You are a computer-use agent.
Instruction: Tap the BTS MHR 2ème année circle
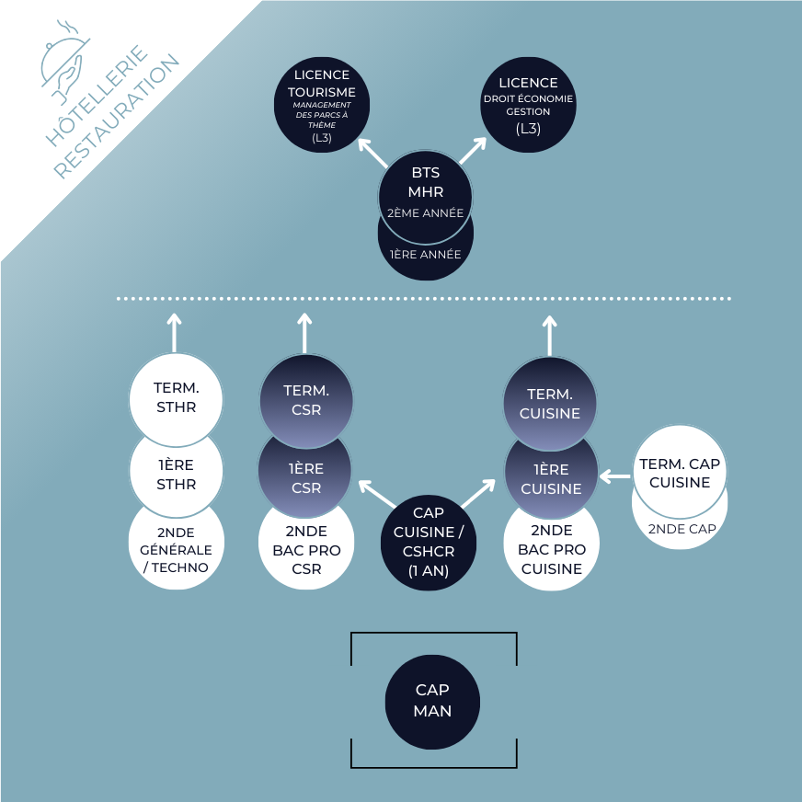click(426, 192)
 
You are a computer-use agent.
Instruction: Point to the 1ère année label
click(426, 254)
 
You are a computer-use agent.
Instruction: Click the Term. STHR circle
click(176, 397)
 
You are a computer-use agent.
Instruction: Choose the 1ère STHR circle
click(176, 475)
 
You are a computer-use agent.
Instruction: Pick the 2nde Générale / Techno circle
click(176, 549)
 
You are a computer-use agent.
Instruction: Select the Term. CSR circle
click(306, 400)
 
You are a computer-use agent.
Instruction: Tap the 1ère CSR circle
click(306, 477)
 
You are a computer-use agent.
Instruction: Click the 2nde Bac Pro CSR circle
click(306, 550)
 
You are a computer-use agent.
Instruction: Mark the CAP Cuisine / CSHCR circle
click(429, 543)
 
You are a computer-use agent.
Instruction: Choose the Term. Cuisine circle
click(550, 404)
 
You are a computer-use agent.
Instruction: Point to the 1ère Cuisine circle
click(551, 479)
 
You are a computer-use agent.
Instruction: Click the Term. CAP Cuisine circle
click(680, 473)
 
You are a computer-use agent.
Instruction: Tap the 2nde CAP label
click(682, 529)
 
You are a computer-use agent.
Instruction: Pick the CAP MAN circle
click(432, 701)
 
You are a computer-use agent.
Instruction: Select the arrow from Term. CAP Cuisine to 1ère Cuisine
click(614, 476)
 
